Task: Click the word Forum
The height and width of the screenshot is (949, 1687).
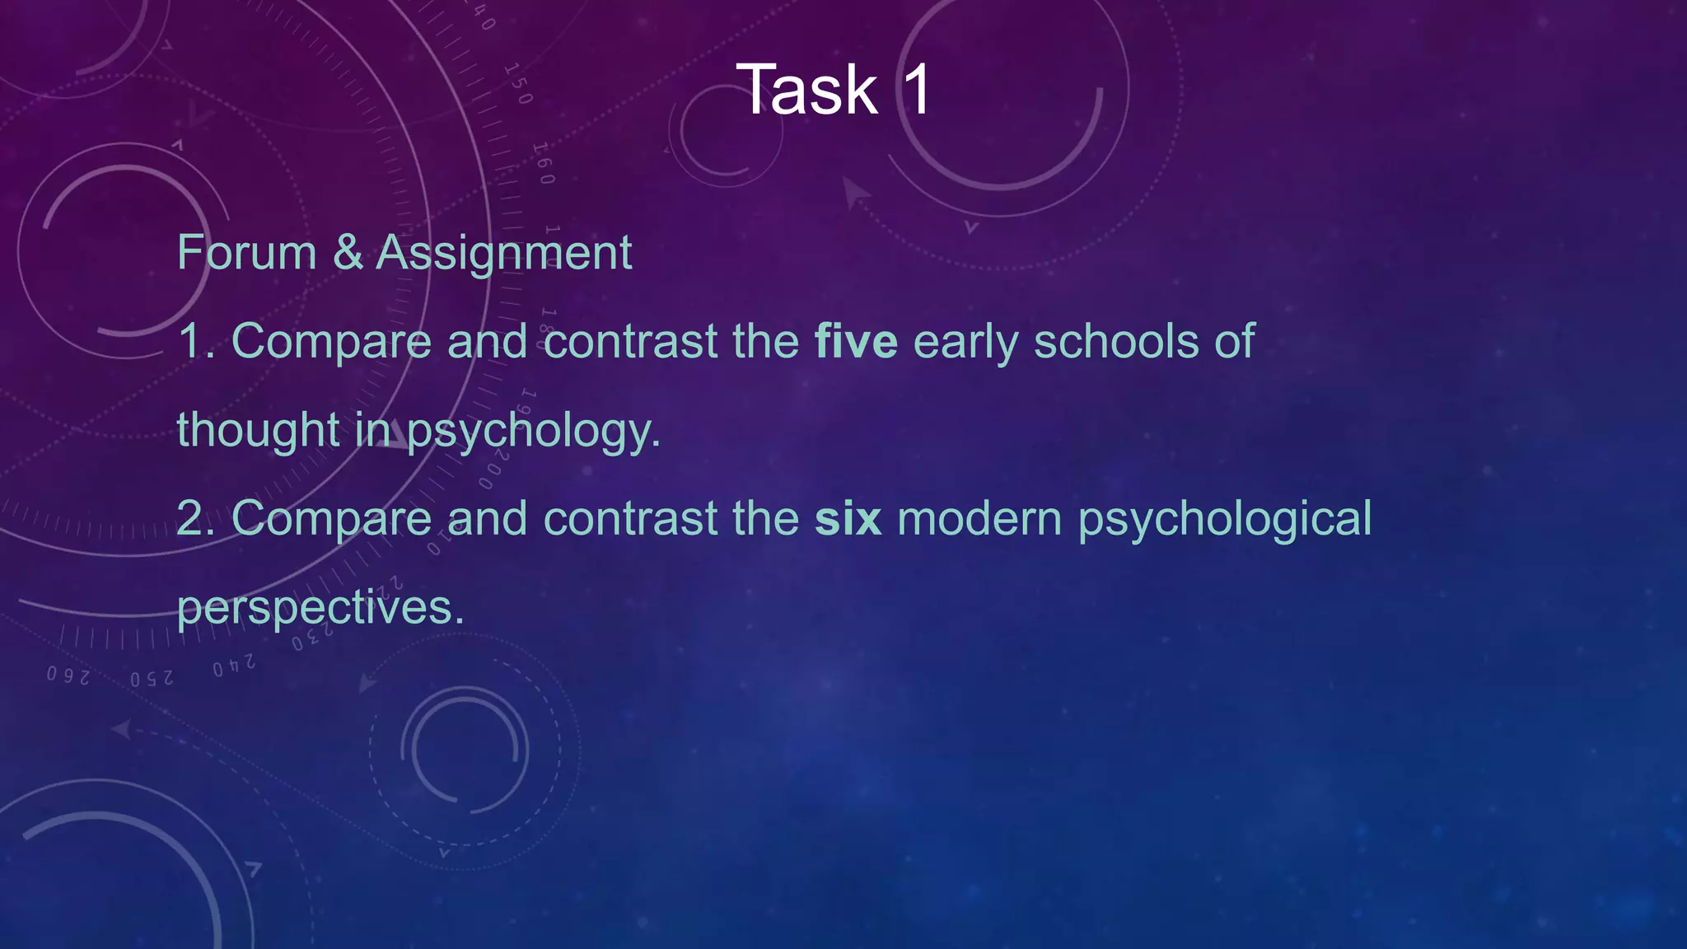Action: [246, 252]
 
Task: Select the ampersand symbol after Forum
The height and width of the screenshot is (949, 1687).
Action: [347, 252]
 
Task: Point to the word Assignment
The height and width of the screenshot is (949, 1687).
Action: [503, 252]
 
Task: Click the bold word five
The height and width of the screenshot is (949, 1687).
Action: [856, 341]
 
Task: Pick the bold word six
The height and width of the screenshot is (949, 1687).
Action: [848, 518]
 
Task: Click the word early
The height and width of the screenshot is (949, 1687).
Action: [965, 343]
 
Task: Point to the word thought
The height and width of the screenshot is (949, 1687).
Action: [258, 430]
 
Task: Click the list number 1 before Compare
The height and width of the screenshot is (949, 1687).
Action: [194, 341]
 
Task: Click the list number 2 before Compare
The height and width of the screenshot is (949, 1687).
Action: [194, 518]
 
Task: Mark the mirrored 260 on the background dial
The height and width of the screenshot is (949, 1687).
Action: [68, 676]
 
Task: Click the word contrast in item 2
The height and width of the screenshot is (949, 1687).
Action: [630, 518]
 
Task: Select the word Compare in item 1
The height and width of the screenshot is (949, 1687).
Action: [331, 343]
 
